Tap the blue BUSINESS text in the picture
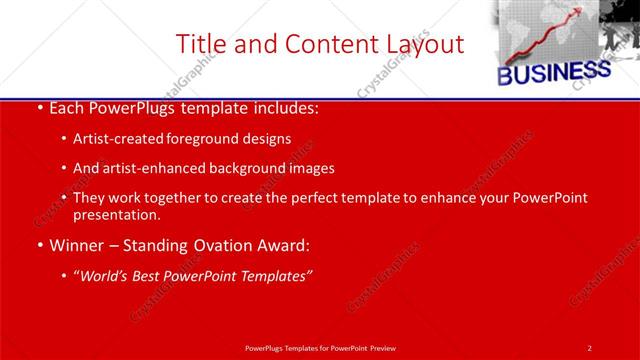554,73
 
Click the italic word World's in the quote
105,275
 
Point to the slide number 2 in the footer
589,347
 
